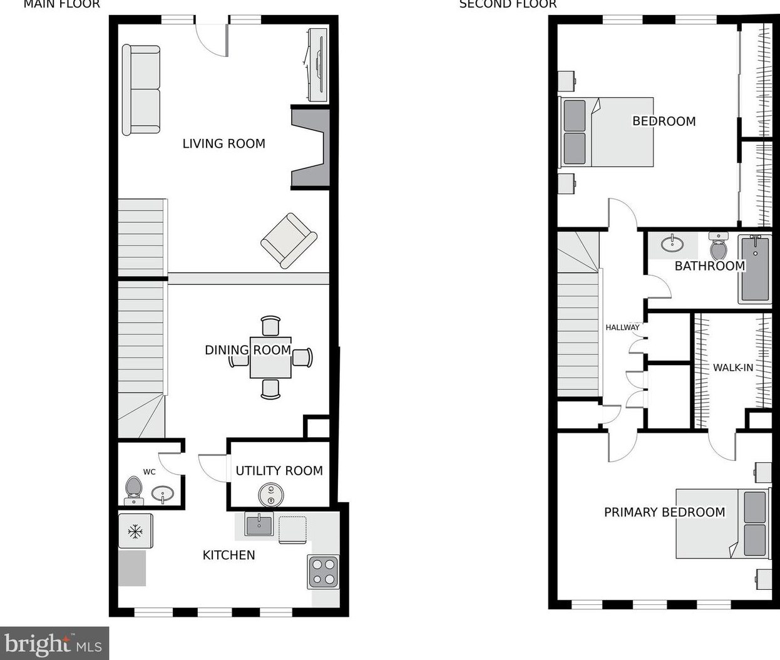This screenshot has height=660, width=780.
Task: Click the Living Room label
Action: tap(223, 143)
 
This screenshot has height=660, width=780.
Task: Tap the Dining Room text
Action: tap(247, 349)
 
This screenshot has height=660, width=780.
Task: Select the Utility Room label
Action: tap(279, 471)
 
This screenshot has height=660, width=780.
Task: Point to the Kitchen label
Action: tap(228, 555)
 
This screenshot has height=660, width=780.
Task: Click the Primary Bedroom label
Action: tap(664, 512)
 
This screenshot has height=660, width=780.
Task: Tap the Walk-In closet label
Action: tap(733, 368)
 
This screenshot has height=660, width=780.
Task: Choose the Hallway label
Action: tap(622, 327)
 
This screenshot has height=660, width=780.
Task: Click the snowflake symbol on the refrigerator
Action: tap(135, 532)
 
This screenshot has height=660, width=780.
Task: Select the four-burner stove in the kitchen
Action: tap(323, 572)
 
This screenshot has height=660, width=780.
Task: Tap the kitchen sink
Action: tap(259, 525)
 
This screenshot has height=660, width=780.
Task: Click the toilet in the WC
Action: tap(133, 489)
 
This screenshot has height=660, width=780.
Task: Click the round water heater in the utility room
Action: tap(271, 495)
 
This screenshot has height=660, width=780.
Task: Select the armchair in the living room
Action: tap(289, 240)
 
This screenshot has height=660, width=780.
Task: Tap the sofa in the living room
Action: tap(141, 90)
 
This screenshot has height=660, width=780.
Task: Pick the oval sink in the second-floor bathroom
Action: tap(672, 243)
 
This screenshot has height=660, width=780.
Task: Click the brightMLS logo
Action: tap(54, 643)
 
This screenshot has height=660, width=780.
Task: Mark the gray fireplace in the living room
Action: tap(312, 149)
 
